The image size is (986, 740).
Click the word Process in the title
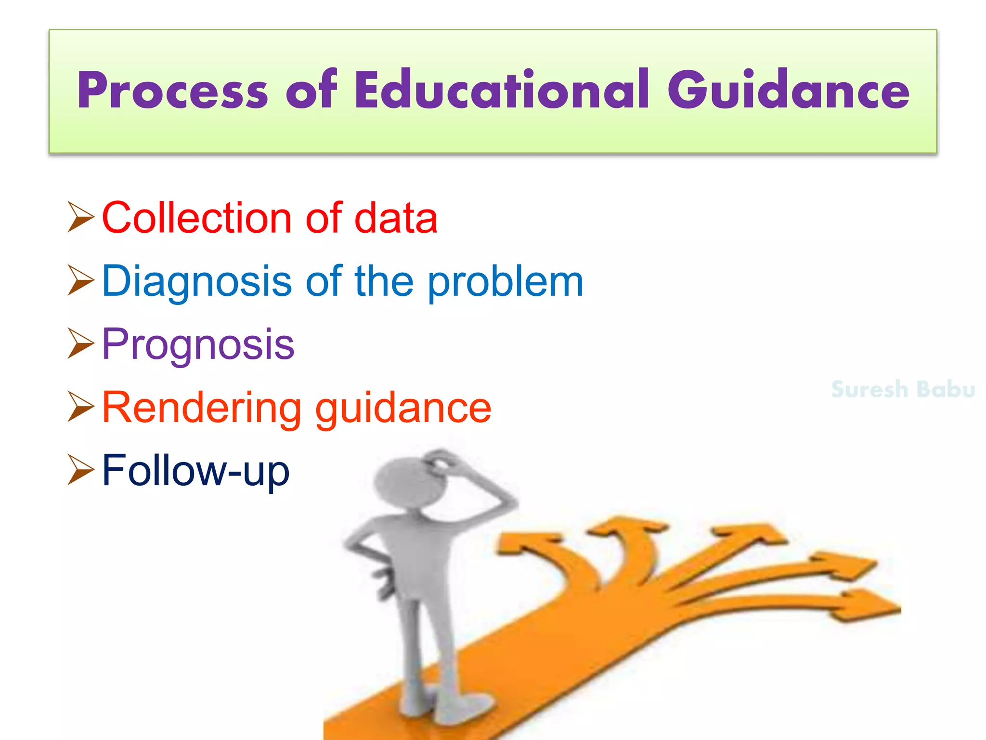click(172, 91)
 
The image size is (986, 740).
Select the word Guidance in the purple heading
click(789, 90)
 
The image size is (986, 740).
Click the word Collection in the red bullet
click(196, 218)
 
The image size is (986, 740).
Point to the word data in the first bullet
click(396, 218)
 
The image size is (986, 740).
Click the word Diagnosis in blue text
click(196, 281)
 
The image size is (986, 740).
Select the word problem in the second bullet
click(506, 282)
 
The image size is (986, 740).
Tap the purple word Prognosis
click(198, 345)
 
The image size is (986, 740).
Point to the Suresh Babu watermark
click(903, 389)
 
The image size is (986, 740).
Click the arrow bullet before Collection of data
click(80, 217)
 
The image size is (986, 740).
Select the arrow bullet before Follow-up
click(80, 470)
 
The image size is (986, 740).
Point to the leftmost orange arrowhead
click(525, 544)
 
